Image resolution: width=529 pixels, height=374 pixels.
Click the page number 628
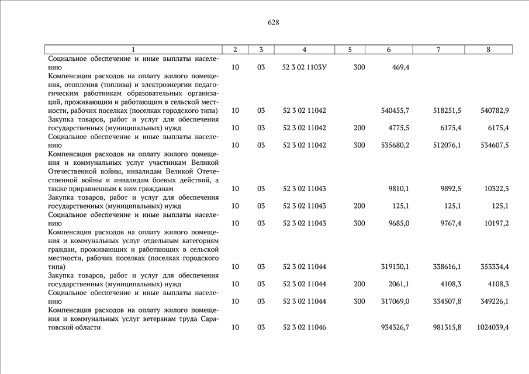tap(273, 23)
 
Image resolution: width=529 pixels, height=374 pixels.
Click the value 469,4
tap(400, 68)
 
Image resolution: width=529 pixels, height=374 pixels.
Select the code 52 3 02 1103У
tap(305, 68)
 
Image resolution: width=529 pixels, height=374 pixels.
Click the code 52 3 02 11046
tap(305, 328)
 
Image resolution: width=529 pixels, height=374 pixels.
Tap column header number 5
tap(350, 50)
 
